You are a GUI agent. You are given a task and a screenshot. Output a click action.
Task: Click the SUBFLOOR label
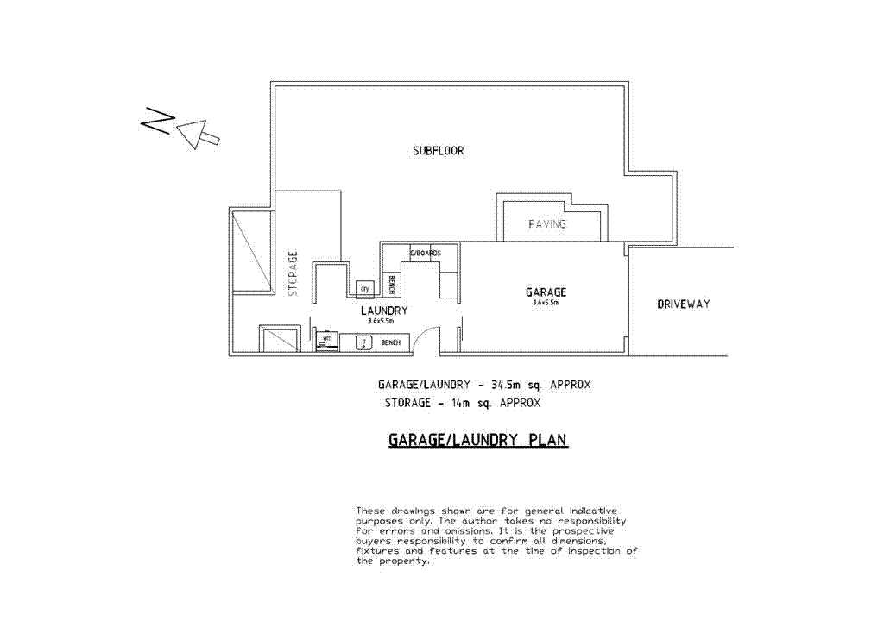[438, 151]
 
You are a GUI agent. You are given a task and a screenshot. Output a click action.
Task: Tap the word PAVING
[547, 224]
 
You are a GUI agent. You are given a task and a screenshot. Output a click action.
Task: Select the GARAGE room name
[546, 292]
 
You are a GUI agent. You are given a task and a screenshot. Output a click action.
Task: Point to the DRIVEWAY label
[683, 304]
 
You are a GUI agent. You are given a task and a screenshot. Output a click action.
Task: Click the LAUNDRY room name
[383, 310]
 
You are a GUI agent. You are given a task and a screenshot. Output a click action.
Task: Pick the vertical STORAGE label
[293, 273]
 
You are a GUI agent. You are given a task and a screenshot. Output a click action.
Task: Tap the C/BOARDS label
[425, 253]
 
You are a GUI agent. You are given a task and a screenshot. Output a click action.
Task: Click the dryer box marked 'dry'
[364, 288]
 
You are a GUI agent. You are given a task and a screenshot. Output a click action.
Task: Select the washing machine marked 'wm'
[327, 340]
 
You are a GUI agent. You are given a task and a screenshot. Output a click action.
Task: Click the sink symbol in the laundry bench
[364, 342]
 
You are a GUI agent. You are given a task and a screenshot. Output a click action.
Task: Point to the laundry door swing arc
[422, 338]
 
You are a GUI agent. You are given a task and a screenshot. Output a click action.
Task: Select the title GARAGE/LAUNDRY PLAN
[477, 440]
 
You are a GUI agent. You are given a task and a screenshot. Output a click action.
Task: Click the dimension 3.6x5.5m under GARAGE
[546, 304]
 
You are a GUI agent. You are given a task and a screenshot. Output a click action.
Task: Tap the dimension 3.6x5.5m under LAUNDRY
[381, 321]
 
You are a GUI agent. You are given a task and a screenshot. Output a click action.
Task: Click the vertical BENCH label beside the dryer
[391, 284]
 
